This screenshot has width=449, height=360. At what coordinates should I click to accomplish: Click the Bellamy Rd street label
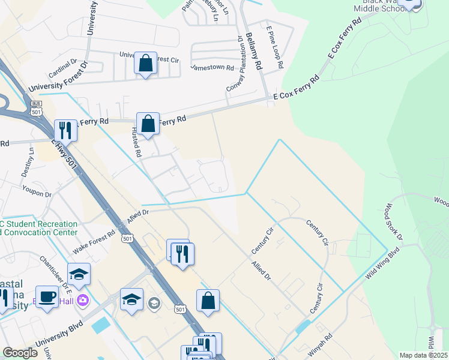pyautogui.click(x=255, y=52)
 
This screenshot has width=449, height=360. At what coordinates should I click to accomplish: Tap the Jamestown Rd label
pyautogui.click(x=212, y=67)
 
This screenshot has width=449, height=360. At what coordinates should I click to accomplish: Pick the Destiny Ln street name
pyautogui.click(x=31, y=163)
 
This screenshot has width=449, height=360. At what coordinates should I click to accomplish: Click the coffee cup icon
pyautogui.click(x=47, y=296)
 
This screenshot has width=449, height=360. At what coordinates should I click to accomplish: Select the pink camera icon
pyautogui.click(x=83, y=300)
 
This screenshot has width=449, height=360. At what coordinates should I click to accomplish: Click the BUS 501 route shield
pyautogui.click(x=37, y=109)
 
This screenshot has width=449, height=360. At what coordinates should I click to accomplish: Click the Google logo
pyautogui.click(x=20, y=353)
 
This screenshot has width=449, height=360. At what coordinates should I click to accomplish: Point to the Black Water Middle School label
pyautogui.click(x=379, y=6)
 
